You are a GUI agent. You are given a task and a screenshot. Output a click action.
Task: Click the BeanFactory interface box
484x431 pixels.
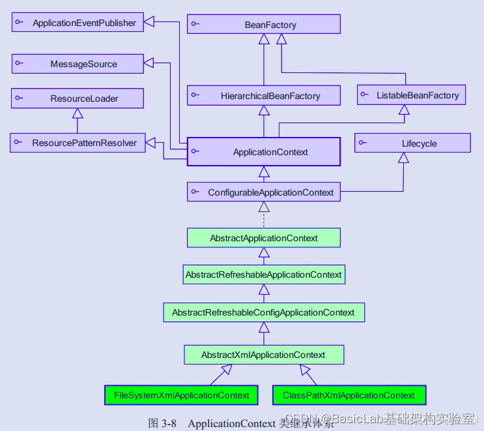[x=264, y=24]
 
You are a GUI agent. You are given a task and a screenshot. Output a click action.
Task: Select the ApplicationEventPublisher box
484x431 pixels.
[x=78, y=22]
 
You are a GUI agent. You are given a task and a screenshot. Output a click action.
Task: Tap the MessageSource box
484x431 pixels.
[x=78, y=64]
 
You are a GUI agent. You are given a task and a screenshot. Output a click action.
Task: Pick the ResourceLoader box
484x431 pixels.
[x=78, y=98]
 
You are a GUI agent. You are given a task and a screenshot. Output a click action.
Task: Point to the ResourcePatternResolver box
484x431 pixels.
[x=78, y=143]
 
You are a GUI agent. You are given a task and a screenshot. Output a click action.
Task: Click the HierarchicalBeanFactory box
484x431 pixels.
[x=264, y=95]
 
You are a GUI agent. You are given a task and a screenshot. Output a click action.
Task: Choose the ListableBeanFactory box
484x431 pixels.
[x=411, y=95]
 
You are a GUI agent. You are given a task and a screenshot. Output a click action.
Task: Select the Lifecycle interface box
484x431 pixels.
[x=412, y=143]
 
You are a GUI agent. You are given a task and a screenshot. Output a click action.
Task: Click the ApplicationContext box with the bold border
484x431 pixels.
[x=264, y=152]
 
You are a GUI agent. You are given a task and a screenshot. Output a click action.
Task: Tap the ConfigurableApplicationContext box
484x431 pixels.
[x=264, y=192]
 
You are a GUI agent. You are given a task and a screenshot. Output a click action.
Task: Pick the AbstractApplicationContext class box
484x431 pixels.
[x=264, y=238]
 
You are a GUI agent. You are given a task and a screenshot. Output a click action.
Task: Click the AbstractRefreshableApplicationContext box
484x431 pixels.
[x=264, y=275]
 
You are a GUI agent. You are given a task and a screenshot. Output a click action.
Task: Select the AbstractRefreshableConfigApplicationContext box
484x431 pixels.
[x=264, y=312]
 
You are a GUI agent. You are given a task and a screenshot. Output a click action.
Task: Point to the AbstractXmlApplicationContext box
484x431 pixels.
[x=264, y=355]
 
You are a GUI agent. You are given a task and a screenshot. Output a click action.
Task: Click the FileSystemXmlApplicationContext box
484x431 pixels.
[x=181, y=395]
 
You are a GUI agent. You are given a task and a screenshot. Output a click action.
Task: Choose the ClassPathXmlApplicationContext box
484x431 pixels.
[x=349, y=395]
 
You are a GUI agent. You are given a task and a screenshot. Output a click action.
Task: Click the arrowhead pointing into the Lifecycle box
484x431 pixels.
[x=403, y=158]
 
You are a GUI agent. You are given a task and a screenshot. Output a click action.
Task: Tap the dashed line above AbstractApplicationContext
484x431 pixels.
[x=264, y=219]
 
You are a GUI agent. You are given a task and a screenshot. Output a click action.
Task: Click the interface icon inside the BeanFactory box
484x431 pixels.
[x=195, y=23]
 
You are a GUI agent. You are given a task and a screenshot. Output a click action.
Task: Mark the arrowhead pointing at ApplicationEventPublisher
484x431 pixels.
[x=149, y=22]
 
